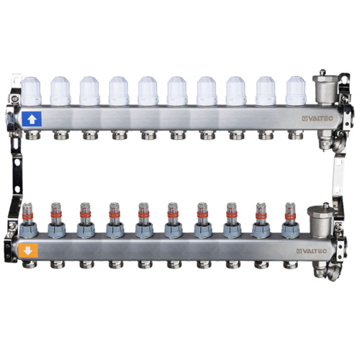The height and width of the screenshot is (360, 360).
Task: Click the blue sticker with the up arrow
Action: tap(32, 119)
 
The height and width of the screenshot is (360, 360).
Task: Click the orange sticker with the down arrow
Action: tap(28, 251)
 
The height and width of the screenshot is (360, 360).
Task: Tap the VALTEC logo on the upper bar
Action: tap(318, 119)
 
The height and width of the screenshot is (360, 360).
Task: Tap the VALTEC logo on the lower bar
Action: tap(312, 251)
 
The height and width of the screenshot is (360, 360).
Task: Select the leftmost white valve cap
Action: tap(31, 91)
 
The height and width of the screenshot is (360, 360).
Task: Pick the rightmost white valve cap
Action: tap(296, 91)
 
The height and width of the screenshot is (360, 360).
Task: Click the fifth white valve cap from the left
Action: tap(148, 91)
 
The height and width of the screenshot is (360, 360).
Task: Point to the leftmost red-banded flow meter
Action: tap(28, 214)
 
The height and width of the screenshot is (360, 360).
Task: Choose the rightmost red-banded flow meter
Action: tap(290, 214)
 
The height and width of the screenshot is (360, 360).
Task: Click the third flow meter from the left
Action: tap(86, 214)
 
